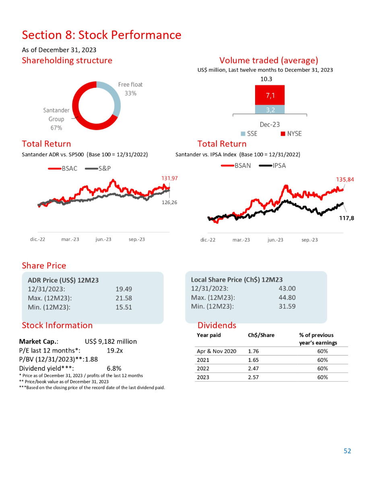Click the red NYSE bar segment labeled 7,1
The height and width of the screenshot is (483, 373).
[270, 95]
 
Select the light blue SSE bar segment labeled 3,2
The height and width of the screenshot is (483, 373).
[270, 110]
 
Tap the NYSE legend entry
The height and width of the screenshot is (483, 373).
[291, 134]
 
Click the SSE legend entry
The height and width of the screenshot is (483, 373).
[249, 134]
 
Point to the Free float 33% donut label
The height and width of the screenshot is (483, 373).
[130, 89]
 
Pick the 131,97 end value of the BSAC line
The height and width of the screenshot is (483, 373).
[169, 178]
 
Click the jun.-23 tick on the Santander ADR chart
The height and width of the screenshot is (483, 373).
[103, 239]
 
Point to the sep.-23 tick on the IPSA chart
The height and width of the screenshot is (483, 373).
[309, 239]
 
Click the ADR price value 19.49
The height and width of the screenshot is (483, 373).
[124, 289]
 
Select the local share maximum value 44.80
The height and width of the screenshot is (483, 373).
[287, 297]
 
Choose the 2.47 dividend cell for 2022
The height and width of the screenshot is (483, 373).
[253, 368]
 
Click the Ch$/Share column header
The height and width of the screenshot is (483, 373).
[261, 335]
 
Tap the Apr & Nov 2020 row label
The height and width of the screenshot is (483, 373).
[216, 351]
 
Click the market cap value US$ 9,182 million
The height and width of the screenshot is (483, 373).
[111, 341]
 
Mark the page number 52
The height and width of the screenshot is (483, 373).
[347, 451]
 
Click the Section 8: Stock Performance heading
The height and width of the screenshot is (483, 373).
[101, 35]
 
